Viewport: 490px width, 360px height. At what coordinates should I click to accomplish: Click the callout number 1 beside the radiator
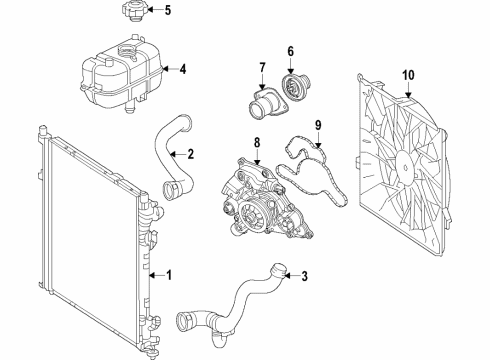pos(169,274)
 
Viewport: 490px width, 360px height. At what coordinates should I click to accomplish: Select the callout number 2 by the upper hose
pos(189,154)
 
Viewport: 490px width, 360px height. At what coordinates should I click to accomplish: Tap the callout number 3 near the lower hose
pos(305,277)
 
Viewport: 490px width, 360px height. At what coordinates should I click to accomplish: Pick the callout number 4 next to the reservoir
pos(182,70)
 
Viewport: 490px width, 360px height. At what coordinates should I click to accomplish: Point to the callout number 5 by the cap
pos(168,12)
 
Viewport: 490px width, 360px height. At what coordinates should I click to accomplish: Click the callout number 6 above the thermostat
pos(291,52)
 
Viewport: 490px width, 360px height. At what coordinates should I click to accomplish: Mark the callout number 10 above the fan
pos(407,75)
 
